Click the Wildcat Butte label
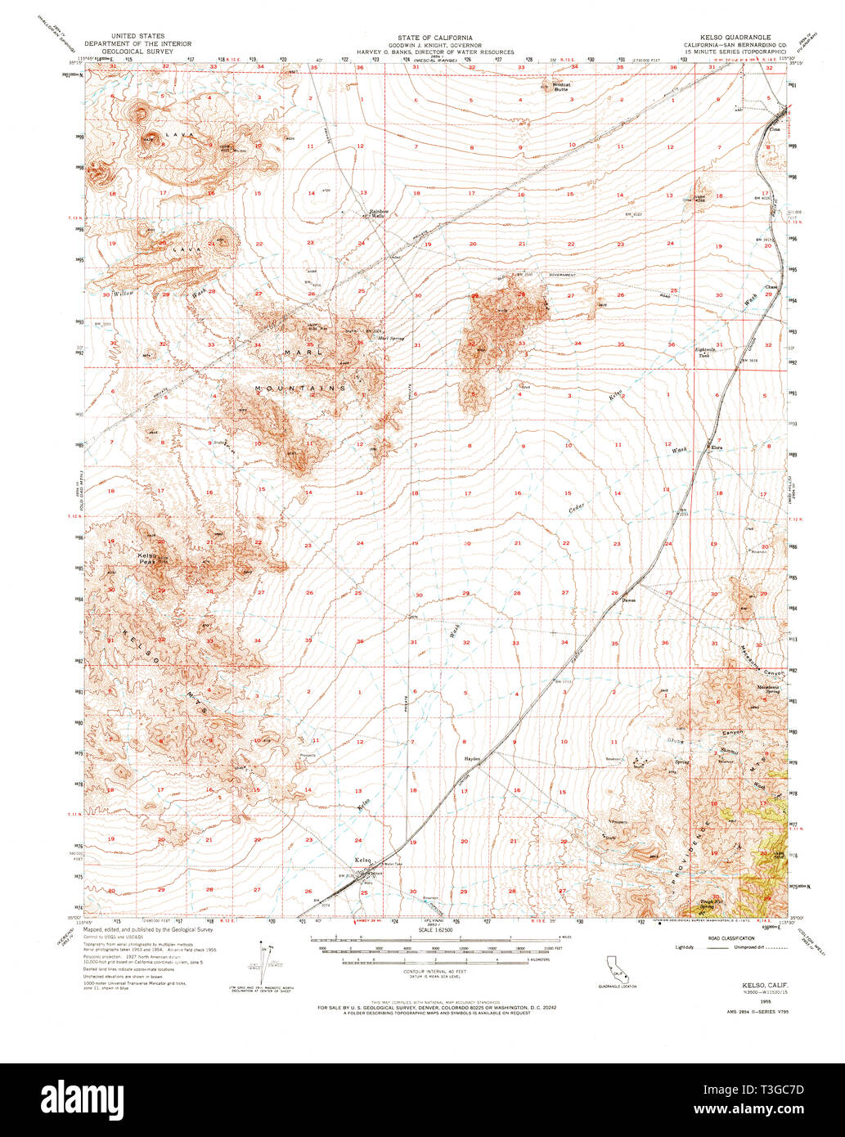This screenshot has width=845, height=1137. (x=561, y=85)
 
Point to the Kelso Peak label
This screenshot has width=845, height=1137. (x=146, y=559)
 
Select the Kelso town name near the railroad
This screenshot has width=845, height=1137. (x=363, y=860)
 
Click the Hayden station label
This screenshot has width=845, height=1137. (x=471, y=758)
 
